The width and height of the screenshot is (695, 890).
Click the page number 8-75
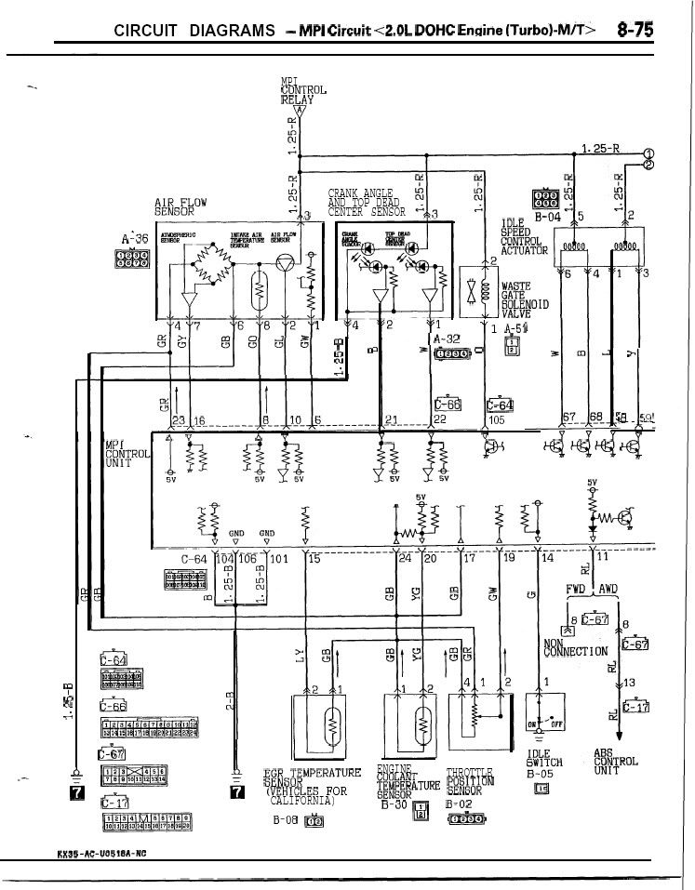click(x=634, y=30)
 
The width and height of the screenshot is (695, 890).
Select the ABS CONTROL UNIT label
click(x=615, y=763)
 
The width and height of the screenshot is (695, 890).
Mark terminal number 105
click(x=496, y=419)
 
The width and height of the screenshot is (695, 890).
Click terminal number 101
click(x=280, y=559)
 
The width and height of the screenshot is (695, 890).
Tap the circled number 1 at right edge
click(x=648, y=153)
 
